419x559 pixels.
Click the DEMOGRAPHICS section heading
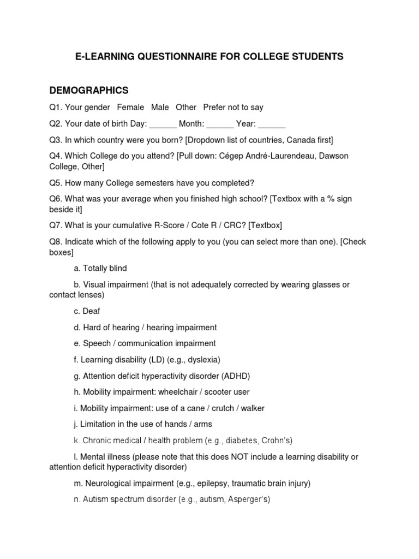[89, 90]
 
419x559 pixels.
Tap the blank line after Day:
[163, 124]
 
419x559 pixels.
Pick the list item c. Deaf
[87, 311]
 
